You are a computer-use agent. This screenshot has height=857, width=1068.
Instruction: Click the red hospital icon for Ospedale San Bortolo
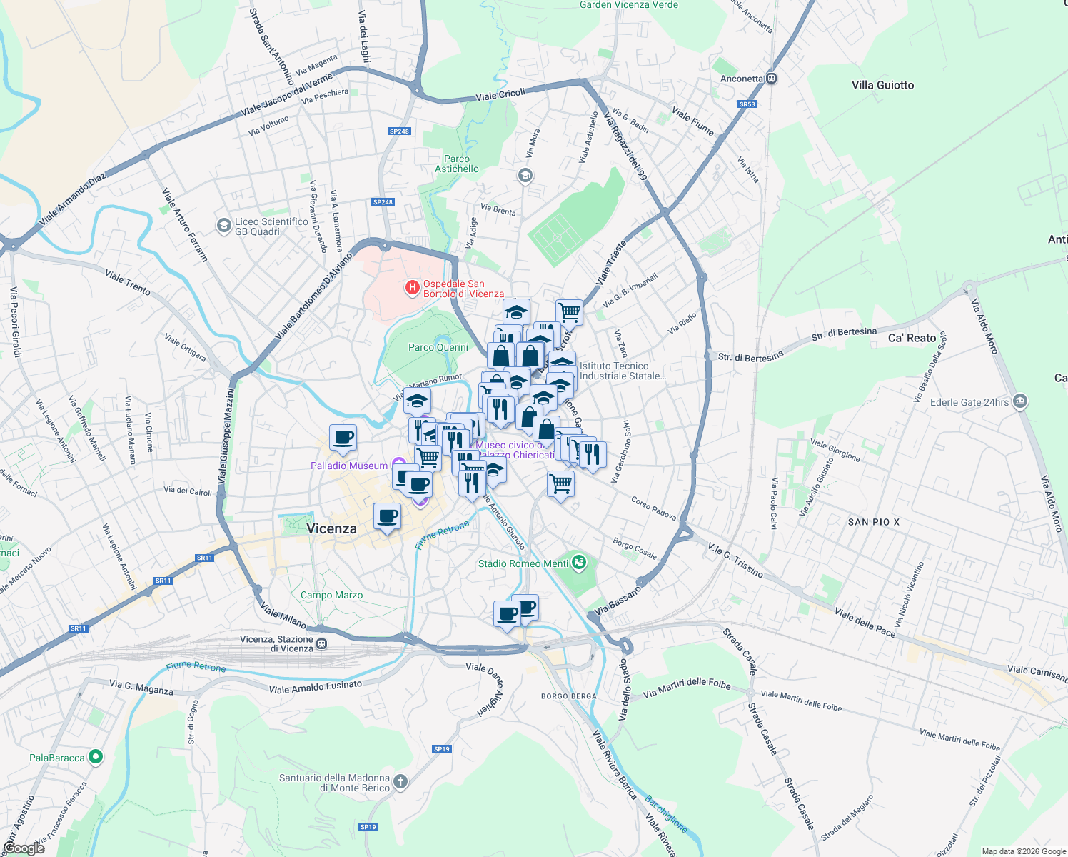(412, 288)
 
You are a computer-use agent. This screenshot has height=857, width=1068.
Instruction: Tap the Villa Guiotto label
(882, 85)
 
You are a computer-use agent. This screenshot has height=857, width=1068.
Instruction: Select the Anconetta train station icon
(771, 79)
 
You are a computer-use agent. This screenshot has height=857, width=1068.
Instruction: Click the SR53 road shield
(747, 104)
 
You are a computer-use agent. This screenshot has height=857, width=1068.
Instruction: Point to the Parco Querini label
(438, 347)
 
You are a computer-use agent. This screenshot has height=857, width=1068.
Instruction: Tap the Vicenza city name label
(331, 528)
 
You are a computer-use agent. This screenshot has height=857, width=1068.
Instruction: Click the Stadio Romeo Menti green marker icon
(579, 563)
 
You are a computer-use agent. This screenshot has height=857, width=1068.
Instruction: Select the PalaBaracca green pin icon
(96, 757)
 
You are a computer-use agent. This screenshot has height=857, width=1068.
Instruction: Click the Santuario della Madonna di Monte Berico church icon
(400, 782)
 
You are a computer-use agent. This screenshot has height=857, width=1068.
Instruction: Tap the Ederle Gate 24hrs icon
(1020, 401)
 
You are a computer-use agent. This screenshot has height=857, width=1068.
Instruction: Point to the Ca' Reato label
(912, 338)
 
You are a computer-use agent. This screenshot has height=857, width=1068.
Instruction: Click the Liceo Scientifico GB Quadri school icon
(223, 226)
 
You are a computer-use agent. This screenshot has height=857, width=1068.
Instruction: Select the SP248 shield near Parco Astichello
(399, 131)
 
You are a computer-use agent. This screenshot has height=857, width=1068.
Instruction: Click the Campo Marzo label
(331, 595)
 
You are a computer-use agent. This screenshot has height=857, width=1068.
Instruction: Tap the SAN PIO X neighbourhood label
(873, 522)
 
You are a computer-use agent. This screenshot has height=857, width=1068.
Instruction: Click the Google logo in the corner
(24, 848)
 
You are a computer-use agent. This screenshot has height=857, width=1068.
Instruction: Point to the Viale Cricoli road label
(500, 94)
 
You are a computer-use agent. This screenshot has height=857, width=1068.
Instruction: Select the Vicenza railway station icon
(322, 643)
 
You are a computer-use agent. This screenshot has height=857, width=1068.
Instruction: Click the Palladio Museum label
(349, 466)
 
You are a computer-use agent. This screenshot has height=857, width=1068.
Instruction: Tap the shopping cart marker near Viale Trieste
(569, 311)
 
